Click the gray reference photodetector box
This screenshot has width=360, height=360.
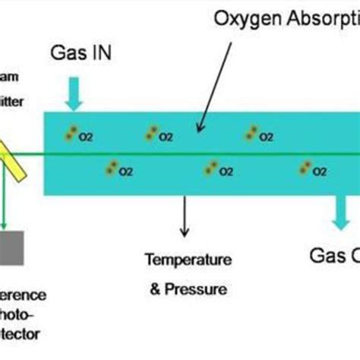pyautogui.click(x=11, y=248)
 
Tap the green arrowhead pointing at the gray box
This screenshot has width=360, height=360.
pyautogui.click(x=5, y=223)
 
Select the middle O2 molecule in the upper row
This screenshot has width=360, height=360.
pyautogui.click(x=153, y=135)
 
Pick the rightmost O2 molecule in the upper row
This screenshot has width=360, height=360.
pyautogui.click(x=251, y=135)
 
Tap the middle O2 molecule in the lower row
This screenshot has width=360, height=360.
pyautogui.click(x=210, y=169)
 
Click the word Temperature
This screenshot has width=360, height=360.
pyautogui.click(x=188, y=261)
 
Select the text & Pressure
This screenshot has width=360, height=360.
pyautogui.click(x=188, y=289)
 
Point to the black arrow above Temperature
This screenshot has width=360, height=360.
pyautogui.click(x=183, y=216)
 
